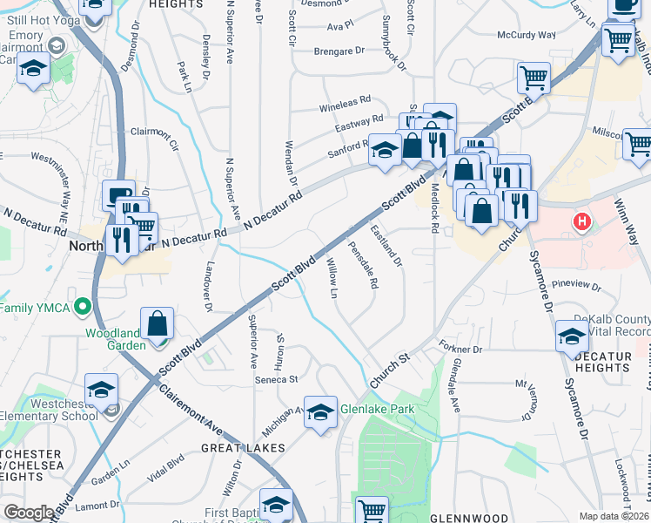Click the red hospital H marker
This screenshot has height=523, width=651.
point(581,222)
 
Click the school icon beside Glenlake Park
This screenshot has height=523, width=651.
point(320,412)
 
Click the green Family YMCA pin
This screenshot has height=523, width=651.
point(83,307)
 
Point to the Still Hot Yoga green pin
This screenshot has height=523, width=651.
point(58,45)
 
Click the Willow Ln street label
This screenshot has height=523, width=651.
point(332,277)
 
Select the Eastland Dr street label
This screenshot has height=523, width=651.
point(387,245)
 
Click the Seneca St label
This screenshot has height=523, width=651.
point(276,379)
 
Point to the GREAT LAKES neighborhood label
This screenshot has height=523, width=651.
point(243,448)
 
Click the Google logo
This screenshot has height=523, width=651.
point(28,513)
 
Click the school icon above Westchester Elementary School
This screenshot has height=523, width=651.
point(101,390)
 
